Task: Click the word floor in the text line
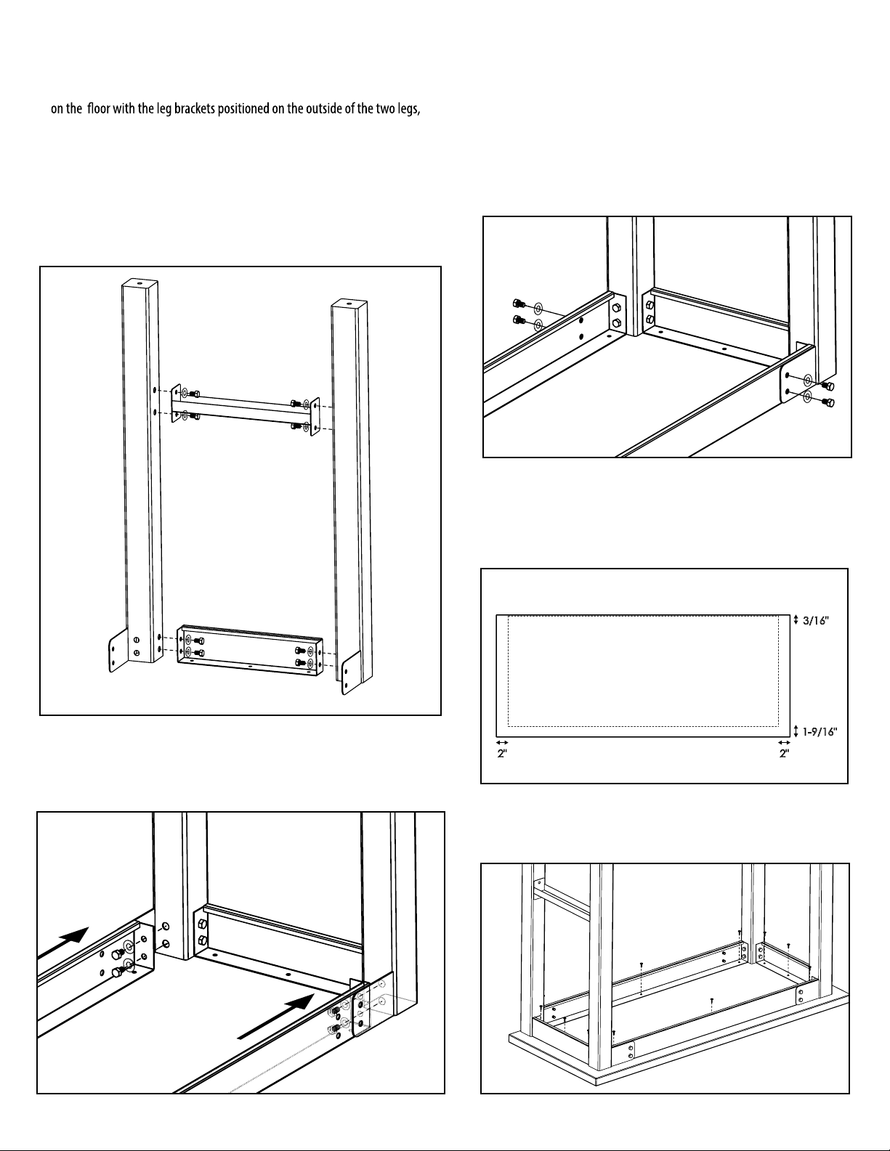[99, 110]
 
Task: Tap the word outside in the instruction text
[306, 110]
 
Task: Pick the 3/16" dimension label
[815, 620]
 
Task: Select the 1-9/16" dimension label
[820, 731]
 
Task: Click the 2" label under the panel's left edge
[502, 753]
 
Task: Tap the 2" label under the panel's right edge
[784, 753]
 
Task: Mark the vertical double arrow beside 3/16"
[796, 619]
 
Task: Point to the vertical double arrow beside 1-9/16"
[796, 731]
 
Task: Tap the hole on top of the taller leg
[139, 283]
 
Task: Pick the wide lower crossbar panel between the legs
[250, 651]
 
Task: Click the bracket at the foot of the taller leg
[119, 651]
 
